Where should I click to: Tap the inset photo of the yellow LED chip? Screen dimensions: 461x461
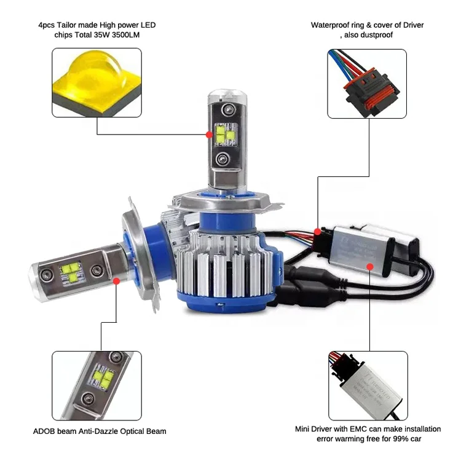pyautogui.click(x=97, y=82)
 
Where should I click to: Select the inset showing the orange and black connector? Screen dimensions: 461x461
pyautogui.click(x=367, y=84)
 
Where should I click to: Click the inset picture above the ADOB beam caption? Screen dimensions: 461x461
pyautogui.click(x=97, y=385)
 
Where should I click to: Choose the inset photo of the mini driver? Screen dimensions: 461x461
pyautogui.click(x=368, y=385)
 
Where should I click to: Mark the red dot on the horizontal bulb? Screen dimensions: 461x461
pyautogui.click(x=117, y=280)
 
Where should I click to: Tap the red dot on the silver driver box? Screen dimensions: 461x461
pyautogui.click(x=369, y=266)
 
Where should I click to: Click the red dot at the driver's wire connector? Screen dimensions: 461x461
pyautogui.click(x=317, y=232)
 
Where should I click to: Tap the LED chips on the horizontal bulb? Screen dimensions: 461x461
pyautogui.click(x=71, y=272)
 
